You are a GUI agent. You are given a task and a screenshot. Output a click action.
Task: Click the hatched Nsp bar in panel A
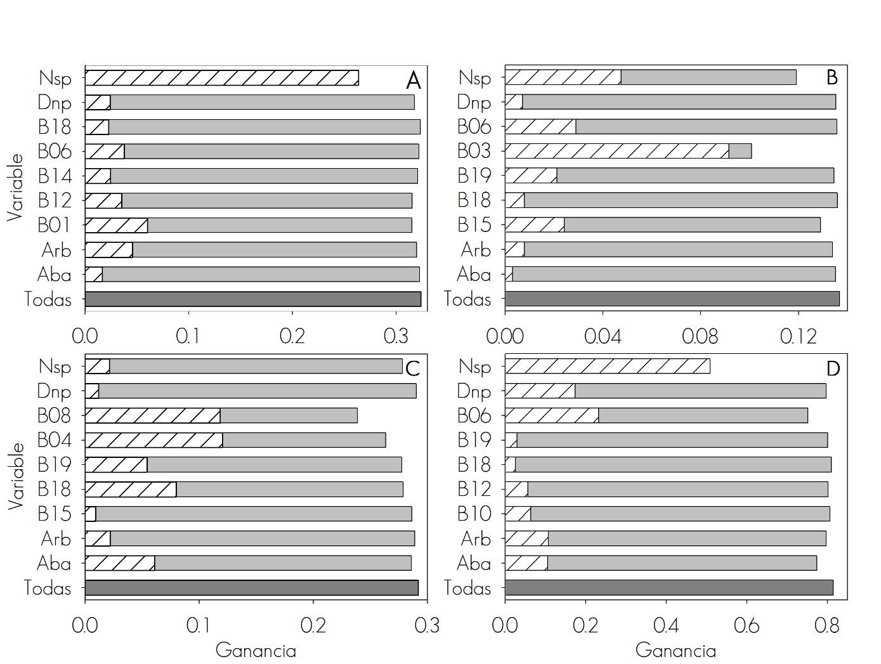221,77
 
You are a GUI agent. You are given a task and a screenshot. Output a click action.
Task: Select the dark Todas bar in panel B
672,299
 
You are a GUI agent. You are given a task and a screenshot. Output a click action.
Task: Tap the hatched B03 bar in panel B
617,151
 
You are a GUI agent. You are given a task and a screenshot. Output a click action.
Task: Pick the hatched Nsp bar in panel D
607,366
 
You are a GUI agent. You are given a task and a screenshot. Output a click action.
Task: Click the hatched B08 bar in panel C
152,415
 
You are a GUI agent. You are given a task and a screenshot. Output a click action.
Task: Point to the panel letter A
413,81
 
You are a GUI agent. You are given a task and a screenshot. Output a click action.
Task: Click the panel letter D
832,368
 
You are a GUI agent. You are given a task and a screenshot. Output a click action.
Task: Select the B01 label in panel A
54,225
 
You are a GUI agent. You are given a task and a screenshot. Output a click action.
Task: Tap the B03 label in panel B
474,151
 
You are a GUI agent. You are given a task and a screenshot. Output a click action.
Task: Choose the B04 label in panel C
54,439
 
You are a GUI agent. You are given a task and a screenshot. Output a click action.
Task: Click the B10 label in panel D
474,513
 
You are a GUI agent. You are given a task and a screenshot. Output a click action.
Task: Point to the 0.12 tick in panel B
797,336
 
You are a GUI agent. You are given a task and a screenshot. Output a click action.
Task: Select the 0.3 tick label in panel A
396,335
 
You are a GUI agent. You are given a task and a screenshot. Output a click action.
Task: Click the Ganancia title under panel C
256,650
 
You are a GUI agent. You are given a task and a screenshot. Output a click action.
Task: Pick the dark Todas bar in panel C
251,587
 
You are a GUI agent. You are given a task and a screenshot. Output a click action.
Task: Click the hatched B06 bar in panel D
551,415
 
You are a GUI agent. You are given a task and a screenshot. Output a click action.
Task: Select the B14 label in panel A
55,176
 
